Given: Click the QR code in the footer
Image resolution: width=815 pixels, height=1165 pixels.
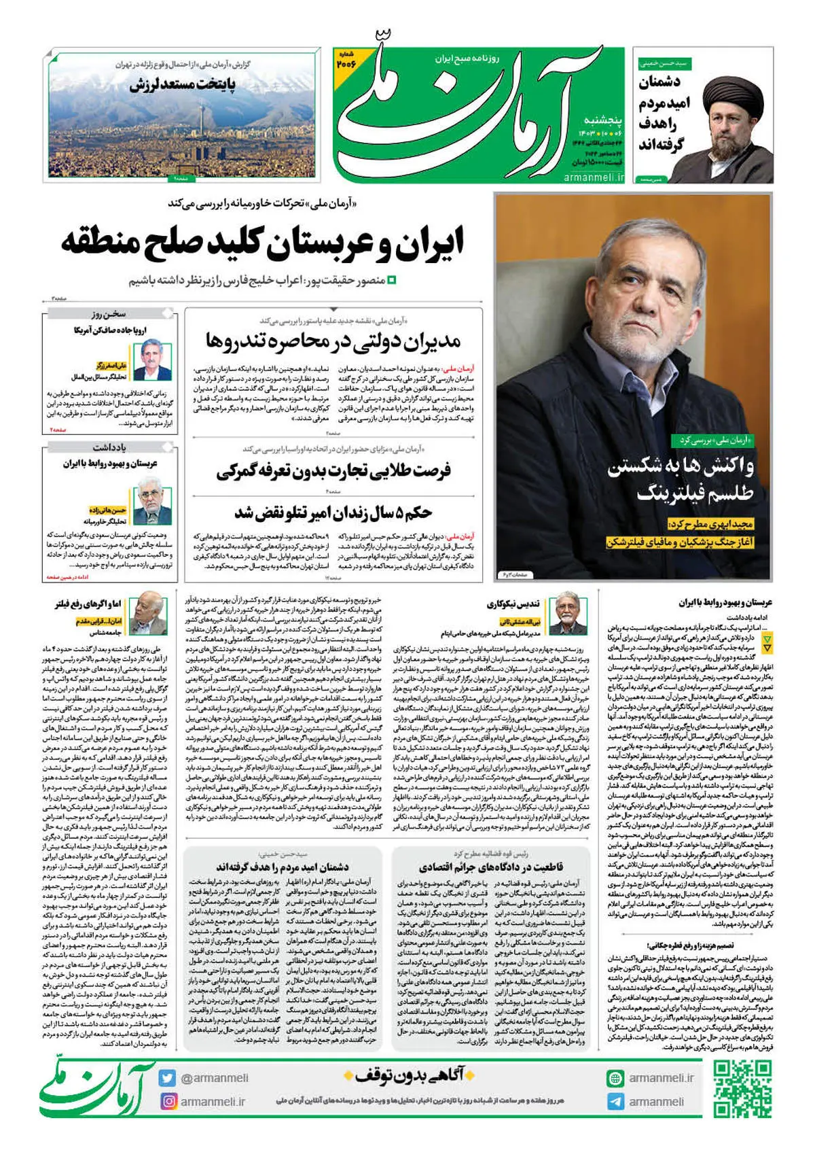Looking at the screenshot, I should [742, 1088].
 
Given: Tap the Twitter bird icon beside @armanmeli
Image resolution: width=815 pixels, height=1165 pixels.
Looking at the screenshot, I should [168, 1078].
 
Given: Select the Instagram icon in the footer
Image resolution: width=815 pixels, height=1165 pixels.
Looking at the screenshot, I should [168, 1101].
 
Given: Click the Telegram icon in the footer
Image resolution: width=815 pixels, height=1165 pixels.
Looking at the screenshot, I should [615, 1101].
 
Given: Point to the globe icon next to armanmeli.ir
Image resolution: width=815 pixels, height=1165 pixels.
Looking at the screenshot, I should [615, 1078].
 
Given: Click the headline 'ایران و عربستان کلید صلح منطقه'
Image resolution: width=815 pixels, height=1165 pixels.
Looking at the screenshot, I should [263, 243].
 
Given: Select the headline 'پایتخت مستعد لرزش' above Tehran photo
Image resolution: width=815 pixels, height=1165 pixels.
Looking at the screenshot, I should [183, 85].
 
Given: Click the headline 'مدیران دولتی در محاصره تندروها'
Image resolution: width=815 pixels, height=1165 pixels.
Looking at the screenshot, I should [333, 341].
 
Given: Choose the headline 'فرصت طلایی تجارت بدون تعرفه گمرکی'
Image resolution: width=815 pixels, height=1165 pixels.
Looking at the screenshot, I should [333, 470].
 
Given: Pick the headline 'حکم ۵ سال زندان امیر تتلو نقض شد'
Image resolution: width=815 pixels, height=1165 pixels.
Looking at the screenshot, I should [333, 511].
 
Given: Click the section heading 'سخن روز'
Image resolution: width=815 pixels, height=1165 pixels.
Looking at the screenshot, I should [109, 314].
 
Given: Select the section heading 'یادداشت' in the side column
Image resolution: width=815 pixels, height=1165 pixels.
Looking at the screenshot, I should [109, 447].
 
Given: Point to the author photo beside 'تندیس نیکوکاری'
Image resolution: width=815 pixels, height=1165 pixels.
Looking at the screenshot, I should [568, 614].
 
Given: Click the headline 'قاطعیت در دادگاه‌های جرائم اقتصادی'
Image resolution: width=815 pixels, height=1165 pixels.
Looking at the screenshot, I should [491, 867].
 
